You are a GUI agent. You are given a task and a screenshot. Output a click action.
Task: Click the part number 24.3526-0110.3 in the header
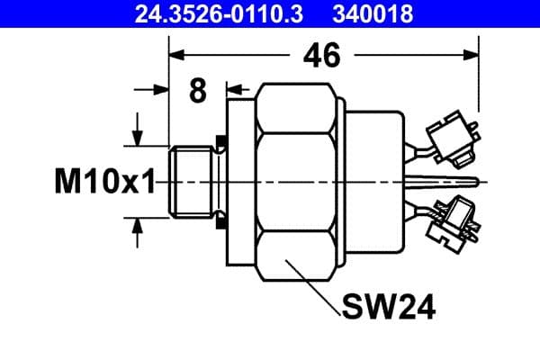coord(211,13)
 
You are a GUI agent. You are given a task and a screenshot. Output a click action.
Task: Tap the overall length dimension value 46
coord(321,56)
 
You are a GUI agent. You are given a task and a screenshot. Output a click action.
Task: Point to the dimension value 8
coord(198,91)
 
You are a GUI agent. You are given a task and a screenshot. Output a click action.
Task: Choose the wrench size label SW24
coord(388,308)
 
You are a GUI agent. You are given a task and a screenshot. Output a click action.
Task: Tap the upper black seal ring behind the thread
coord(220,142)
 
